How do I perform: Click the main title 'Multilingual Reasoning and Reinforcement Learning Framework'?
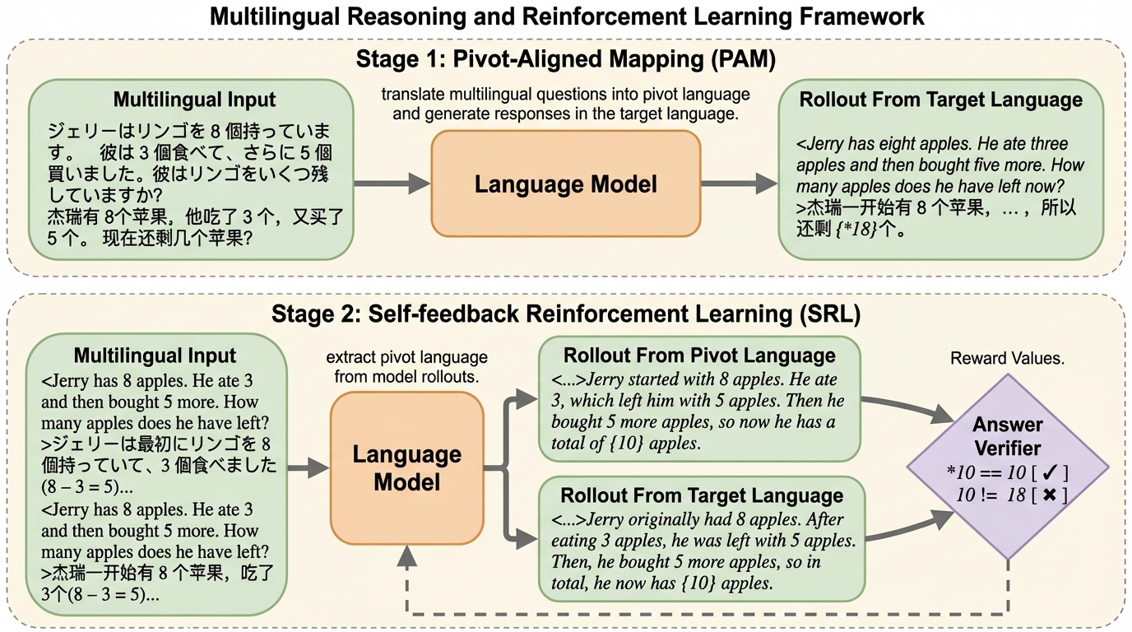(567, 16)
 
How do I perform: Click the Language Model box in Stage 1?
(566, 184)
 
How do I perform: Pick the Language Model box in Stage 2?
(406, 468)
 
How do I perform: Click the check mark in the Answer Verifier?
(1050, 473)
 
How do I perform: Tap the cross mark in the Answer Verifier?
(1050, 495)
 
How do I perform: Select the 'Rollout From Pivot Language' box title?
(698, 355)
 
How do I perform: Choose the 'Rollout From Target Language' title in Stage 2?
(702, 495)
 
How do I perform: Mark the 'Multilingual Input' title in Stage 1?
(194, 100)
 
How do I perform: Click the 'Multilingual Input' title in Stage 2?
(155, 355)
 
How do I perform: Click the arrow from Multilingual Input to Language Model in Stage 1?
(392, 184)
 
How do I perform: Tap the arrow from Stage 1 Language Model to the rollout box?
(739, 184)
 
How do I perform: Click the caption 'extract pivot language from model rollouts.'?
(406, 367)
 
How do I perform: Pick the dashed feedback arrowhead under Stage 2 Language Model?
(406, 557)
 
